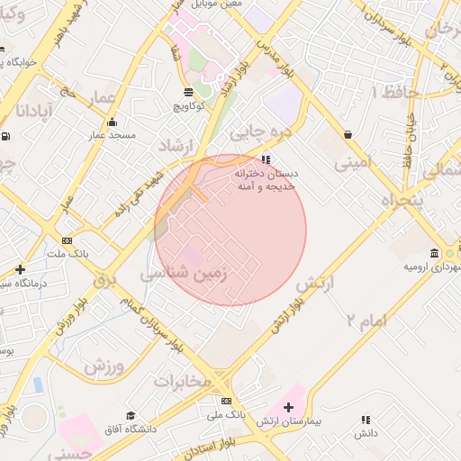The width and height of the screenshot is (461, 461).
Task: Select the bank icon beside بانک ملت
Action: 68,240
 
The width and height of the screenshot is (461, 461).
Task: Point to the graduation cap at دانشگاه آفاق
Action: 131,416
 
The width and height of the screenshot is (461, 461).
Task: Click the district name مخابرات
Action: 182,382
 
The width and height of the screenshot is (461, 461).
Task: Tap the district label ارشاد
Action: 176,146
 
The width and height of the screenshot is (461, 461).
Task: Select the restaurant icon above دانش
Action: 366,420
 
